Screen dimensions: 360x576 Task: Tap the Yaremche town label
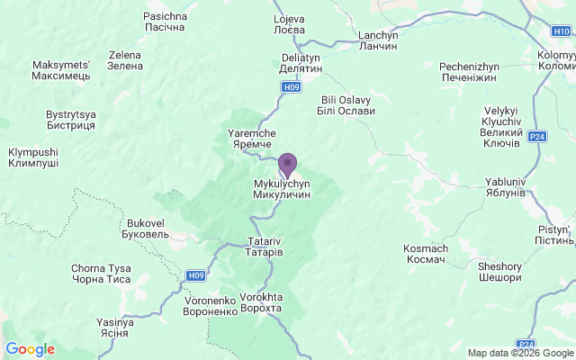[249, 139]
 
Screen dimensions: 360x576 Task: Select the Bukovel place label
[145, 228]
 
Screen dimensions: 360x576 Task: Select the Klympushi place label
[33, 158]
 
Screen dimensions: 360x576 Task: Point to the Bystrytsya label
[70, 120]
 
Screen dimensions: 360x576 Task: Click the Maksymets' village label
[61, 70]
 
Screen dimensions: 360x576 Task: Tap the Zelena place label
[125, 60]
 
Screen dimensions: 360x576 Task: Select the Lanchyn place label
[378, 40]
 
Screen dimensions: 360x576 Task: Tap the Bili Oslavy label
[346, 105]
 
